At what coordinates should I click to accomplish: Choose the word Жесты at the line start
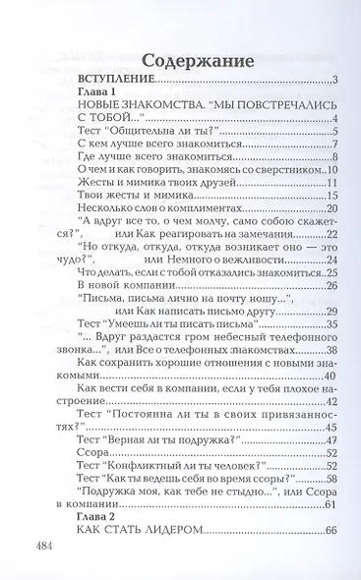[x=95, y=184]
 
